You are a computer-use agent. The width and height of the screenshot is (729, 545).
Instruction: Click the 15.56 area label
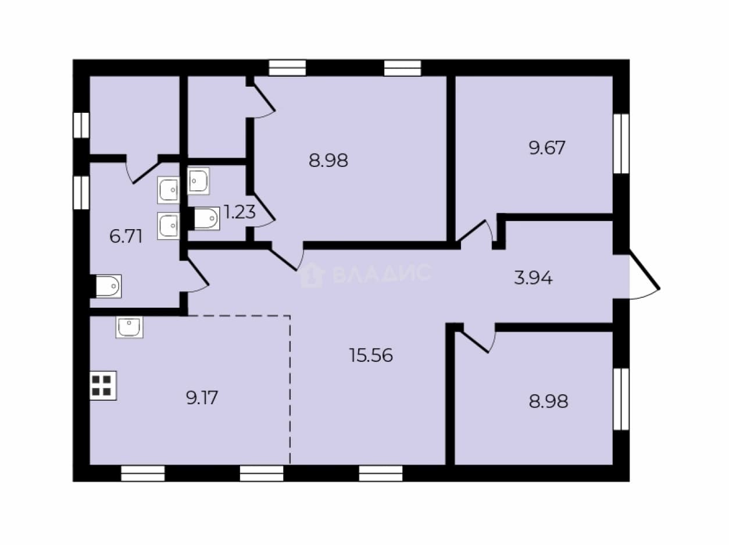coord(371,355)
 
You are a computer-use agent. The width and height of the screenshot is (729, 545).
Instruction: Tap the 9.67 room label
coord(547,148)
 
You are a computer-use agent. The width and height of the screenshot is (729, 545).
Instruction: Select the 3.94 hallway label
coord(533,278)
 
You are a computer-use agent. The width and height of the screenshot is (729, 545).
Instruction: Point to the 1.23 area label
coord(240,212)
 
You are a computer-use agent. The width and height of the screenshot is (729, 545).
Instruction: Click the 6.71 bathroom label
coord(126,236)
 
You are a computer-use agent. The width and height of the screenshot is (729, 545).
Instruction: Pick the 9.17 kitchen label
coord(202,397)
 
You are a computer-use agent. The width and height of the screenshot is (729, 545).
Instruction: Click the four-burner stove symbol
coord(103,386)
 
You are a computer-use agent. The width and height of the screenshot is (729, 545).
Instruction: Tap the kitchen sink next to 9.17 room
coord(130,327)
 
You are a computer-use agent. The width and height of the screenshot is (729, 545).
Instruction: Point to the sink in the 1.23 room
coord(199,181)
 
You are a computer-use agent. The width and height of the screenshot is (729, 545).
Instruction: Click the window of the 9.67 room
coord(621,144)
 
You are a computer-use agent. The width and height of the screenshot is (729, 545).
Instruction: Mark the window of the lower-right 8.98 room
coord(621,399)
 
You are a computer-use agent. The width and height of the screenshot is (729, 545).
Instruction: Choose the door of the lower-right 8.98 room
coord(476,340)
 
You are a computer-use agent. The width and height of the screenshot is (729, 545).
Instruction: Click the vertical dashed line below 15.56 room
coord(290,390)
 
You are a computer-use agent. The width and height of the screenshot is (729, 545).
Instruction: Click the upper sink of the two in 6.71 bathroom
coord(169,190)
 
